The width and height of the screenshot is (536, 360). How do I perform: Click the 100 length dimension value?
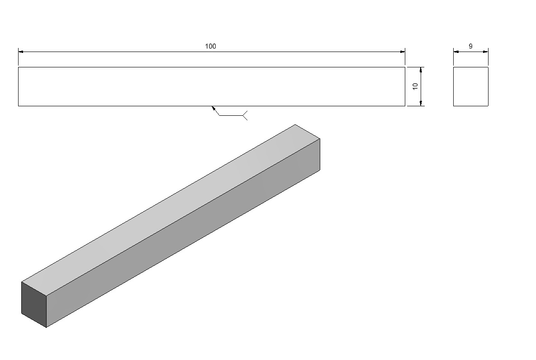[211, 46]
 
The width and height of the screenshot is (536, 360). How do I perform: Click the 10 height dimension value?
[415, 86]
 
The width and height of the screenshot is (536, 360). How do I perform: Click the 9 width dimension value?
[471, 46]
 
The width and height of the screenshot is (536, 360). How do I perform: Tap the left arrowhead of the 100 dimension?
[21, 52]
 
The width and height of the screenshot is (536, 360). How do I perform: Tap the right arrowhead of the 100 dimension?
[403, 52]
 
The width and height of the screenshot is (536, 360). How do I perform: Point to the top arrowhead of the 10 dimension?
[421, 70]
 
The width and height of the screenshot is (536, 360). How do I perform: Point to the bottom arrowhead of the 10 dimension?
[421, 103]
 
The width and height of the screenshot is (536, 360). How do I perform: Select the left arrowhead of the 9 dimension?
[456, 52]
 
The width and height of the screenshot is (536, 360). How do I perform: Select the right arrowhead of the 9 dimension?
[485, 52]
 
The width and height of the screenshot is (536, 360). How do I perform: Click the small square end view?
[471, 86]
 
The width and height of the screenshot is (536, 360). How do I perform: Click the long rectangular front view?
[212, 86]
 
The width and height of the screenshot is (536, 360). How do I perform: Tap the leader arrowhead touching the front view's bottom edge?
[213, 109]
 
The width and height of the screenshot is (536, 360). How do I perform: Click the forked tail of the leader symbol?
[245, 116]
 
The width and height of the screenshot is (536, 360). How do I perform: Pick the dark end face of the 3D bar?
[34, 304]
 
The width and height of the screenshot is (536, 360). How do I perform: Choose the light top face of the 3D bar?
[171, 209]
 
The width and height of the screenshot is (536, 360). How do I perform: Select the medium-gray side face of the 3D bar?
[183, 233]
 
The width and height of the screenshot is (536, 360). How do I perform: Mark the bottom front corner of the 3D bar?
[46, 327]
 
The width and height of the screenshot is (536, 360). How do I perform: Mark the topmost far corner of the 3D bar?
[295, 124]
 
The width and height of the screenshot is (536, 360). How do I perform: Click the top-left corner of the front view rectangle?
[19, 67]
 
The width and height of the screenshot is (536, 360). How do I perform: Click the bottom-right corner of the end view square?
[488, 106]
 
